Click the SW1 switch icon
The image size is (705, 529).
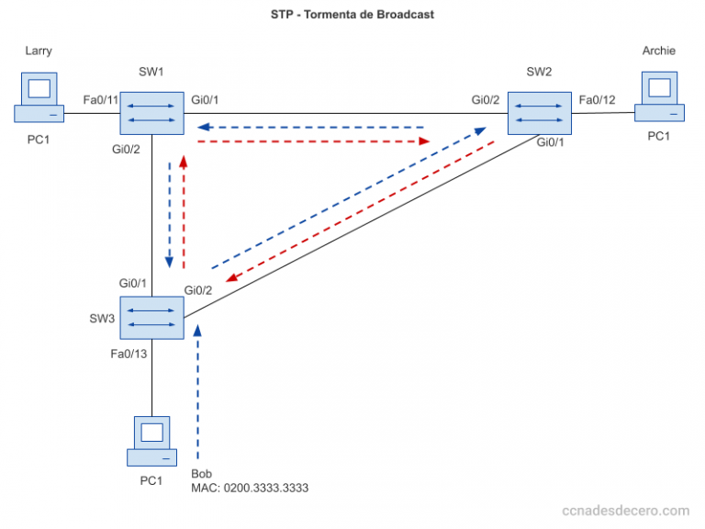click(x=151, y=112)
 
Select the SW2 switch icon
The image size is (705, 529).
click(x=539, y=112)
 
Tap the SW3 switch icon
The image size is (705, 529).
click(x=151, y=317)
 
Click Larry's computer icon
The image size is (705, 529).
click(x=39, y=99)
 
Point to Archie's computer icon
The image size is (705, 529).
click(x=659, y=99)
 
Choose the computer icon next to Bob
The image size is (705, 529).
click(x=151, y=441)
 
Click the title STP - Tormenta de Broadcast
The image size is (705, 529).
click(x=352, y=15)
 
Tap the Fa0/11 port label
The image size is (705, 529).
click(x=102, y=99)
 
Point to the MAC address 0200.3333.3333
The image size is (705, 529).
click(x=249, y=489)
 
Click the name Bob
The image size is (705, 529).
click(x=201, y=474)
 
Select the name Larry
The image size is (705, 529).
click(x=38, y=51)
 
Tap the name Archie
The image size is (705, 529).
click(x=659, y=51)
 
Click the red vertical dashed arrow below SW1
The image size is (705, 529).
click(x=185, y=211)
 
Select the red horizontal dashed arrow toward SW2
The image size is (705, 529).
click(x=312, y=141)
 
